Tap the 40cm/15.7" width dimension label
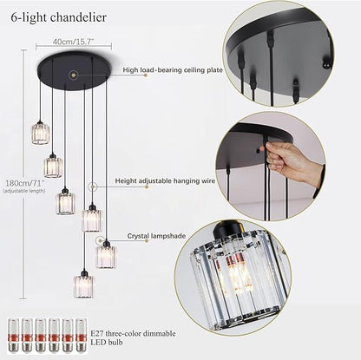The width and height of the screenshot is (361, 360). (72, 41)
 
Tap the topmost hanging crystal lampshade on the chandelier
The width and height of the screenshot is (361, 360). (41, 132)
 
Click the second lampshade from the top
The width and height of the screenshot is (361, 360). (54, 165)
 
